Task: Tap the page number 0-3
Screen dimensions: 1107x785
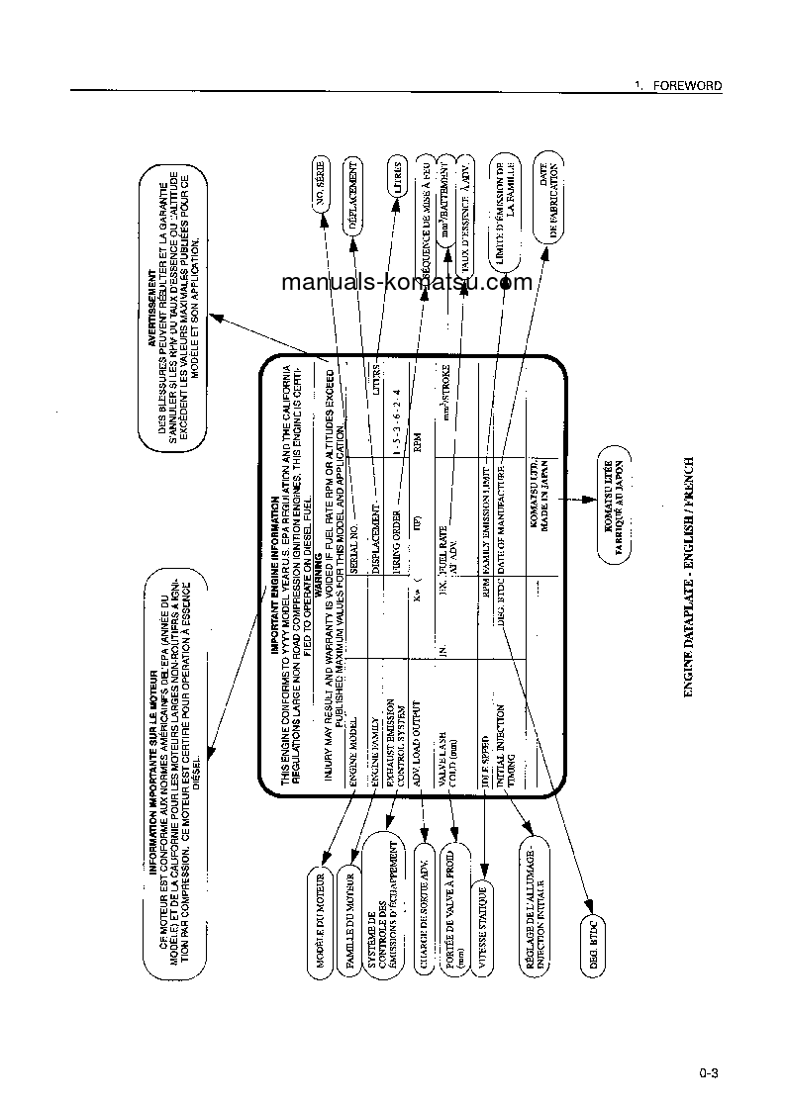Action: click(x=707, y=1072)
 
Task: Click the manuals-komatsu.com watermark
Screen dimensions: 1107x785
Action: click(x=406, y=282)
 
